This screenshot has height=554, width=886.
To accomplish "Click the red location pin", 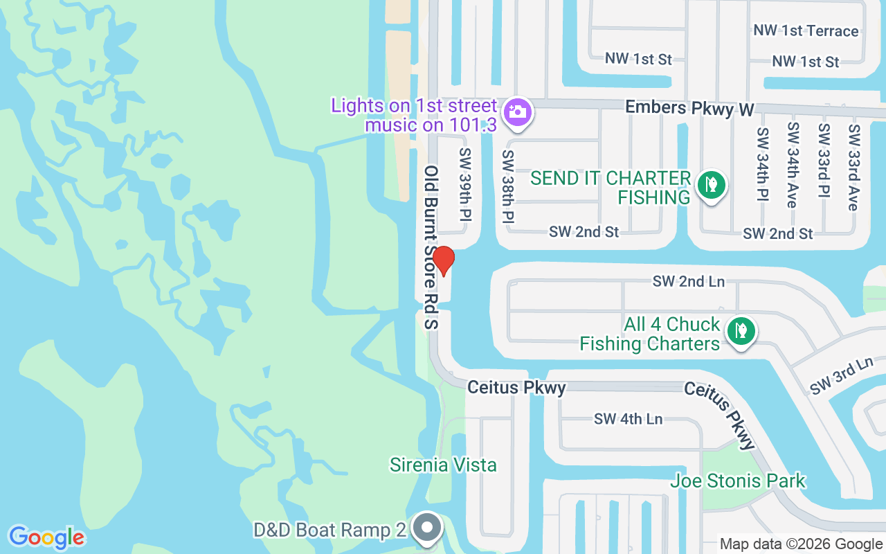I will (x=443, y=261).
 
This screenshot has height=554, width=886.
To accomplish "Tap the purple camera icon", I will (x=516, y=111).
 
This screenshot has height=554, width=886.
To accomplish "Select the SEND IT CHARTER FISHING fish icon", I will (x=710, y=184).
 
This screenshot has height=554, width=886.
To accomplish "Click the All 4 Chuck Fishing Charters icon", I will (x=741, y=331).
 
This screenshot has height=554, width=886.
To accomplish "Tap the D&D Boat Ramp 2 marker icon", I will (x=428, y=529).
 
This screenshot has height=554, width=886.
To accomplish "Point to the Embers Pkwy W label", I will (x=689, y=108).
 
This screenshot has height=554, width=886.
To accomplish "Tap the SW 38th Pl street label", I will (x=509, y=186).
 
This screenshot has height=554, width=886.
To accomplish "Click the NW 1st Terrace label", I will (x=806, y=30).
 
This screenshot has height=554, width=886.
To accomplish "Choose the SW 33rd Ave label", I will (x=853, y=167).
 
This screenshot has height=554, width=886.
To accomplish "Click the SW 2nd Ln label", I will (x=688, y=281).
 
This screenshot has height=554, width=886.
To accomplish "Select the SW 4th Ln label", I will (x=628, y=418).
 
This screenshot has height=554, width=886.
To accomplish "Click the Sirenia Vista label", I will (x=443, y=465).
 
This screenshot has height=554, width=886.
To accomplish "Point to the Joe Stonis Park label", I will (x=738, y=481).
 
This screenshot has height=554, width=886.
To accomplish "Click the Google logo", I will (x=46, y=537).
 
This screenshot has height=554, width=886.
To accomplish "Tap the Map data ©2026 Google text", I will (x=801, y=544).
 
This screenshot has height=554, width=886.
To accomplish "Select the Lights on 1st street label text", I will (x=414, y=106).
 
